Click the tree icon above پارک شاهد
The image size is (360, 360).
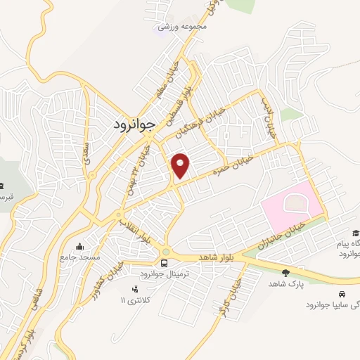(285, 272)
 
